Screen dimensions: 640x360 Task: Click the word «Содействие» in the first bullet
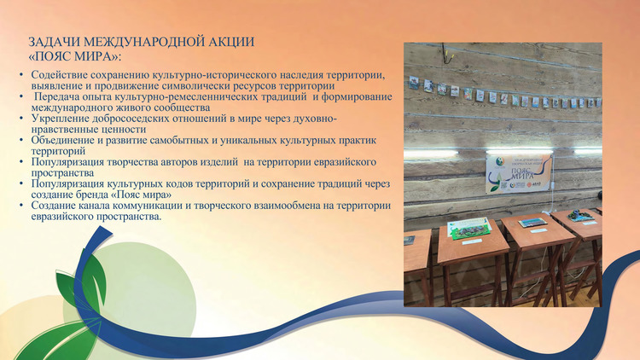(x=59, y=75)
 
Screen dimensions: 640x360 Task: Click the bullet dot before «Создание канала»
(x=21, y=205)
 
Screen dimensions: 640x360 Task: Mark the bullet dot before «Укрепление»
(x=21, y=119)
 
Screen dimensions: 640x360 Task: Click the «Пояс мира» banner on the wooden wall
(x=518, y=173)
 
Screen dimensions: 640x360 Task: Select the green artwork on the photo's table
(x=468, y=228)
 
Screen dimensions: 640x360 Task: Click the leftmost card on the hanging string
(x=414, y=83)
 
